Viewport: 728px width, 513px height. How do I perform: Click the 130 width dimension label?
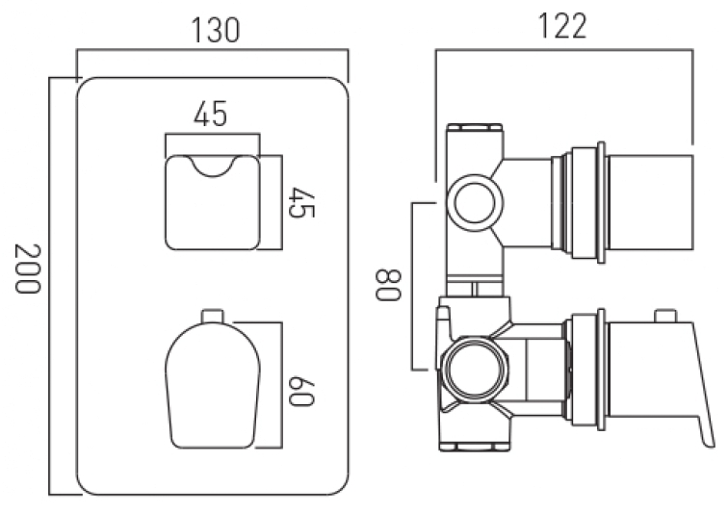216,31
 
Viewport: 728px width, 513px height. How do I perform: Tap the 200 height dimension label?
28,269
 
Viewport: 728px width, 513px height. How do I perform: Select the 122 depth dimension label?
562,26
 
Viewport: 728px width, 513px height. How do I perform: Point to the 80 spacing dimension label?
388,285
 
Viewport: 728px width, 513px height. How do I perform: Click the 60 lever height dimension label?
301,392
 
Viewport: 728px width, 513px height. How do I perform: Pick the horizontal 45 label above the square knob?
211,114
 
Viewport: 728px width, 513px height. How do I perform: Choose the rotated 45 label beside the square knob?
301,202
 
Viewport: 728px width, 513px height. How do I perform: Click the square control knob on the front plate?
213,202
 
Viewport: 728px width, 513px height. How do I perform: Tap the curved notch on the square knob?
213,167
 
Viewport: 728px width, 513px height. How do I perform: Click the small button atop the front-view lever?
213,316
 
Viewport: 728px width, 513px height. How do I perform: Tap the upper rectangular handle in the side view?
650,202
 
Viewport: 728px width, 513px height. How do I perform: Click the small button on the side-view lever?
665,316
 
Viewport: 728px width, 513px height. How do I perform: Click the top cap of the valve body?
475,127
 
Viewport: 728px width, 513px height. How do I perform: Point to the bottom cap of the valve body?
475,448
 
